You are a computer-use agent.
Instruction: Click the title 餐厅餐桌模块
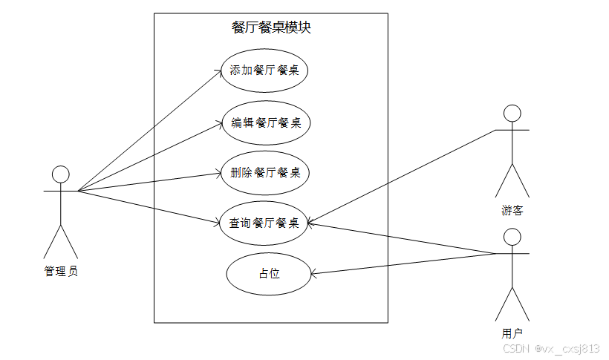270,28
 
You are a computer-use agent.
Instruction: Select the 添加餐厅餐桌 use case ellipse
264,71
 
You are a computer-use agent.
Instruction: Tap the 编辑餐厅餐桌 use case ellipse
265,122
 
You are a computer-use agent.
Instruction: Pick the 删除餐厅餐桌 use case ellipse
265,173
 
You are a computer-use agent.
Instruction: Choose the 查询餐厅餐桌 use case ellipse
264,223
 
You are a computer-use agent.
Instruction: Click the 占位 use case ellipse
269,273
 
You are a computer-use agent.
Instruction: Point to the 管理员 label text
61,272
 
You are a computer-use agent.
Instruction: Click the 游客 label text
512,210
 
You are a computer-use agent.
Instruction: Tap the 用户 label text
512,333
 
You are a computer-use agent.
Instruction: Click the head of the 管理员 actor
61,174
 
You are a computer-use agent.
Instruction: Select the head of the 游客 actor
512,113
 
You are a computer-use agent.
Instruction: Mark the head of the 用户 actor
512,236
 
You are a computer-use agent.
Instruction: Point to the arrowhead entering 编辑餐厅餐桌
220,124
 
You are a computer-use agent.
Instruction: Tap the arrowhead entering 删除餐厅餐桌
218,174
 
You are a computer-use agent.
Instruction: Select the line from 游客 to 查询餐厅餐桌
401,176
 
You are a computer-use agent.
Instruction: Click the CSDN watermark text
551,348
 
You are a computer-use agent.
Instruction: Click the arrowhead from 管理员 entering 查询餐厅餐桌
217,220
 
